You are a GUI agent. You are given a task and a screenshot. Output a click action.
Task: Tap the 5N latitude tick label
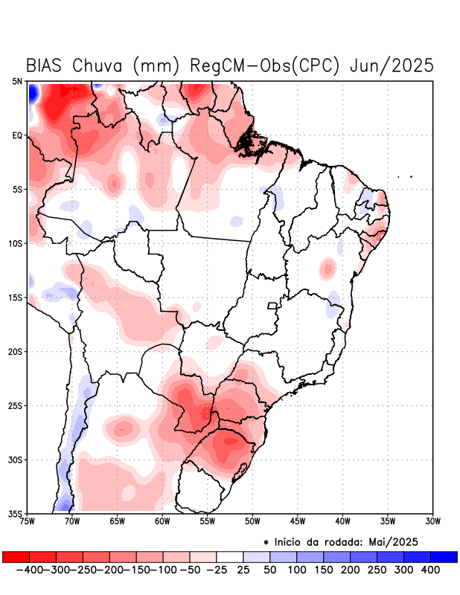click(x=17, y=81)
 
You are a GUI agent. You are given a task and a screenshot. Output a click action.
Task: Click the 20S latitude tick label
click(x=16, y=351)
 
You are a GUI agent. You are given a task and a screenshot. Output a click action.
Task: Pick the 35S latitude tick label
click(x=16, y=513)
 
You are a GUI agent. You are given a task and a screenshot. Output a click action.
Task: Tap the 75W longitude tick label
click(x=28, y=521)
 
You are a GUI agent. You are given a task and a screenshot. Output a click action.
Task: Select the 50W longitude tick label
click(x=252, y=521)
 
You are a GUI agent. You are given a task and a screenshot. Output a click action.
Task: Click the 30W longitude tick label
click(x=432, y=521)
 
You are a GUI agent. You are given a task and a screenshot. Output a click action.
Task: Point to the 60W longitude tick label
click(x=162, y=521)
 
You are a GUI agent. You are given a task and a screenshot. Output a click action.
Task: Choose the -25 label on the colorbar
click(x=217, y=570)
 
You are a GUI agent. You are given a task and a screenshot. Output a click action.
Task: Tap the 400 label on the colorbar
click(x=429, y=570)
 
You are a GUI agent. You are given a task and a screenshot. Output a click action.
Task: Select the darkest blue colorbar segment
click(x=444, y=557)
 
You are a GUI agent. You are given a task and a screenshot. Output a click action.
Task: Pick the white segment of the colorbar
click(x=230, y=557)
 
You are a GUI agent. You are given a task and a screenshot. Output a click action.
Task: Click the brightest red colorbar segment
click(x=16, y=557)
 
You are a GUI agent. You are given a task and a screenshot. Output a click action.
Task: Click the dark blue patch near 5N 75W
click(x=33, y=94)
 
